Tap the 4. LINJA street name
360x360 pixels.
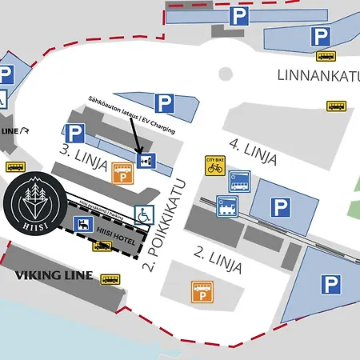point(253,152)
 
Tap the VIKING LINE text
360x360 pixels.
point(54,276)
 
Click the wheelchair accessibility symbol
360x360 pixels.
point(143,214)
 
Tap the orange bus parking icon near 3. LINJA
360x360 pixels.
point(122,174)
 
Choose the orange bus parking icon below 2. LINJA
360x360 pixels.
point(201,293)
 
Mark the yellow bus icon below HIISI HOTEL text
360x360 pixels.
point(102,246)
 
